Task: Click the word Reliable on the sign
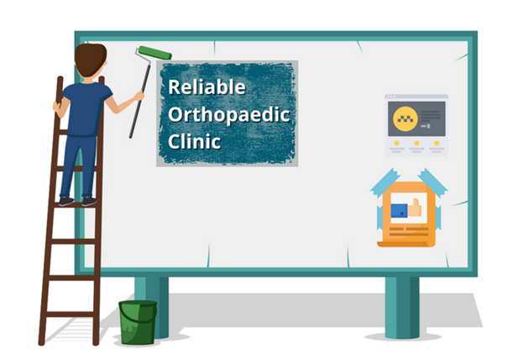[x=207, y=86]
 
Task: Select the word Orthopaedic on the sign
[x=228, y=115]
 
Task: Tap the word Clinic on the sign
[x=195, y=142]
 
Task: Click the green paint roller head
[x=154, y=53]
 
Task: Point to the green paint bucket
[x=138, y=322]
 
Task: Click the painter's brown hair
[x=91, y=60]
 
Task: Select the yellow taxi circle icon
[x=406, y=119]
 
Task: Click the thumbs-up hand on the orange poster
[x=415, y=207]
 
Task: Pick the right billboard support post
[x=401, y=307]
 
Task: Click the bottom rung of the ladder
[x=71, y=314]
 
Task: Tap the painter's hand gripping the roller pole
[x=139, y=96]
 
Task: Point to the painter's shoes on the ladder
[x=78, y=201]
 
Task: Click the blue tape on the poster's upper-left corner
[x=385, y=183]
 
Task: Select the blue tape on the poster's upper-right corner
[x=432, y=182]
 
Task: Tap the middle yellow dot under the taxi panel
[x=416, y=143]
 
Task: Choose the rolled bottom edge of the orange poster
[x=406, y=243]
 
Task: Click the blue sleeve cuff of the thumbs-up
[x=399, y=211]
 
